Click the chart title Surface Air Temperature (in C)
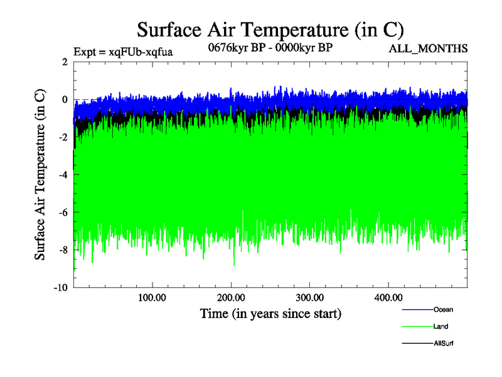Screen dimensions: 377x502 pyautogui.click(x=270, y=30)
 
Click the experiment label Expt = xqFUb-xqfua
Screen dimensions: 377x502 pyautogui.click(x=123, y=51)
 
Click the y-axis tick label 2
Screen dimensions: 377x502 pyautogui.click(x=65, y=62)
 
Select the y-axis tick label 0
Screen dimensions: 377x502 pyautogui.click(x=65, y=99)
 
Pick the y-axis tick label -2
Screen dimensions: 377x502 pyautogui.click(x=63, y=137)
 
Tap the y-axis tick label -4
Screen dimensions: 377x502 pyautogui.click(x=63, y=175)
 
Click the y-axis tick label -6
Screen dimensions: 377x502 pyautogui.click(x=63, y=212)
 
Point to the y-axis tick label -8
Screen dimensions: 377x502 pyautogui.click(x=63, y=250)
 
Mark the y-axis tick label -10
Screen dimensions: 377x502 pyautogui.click(x=60, y=288)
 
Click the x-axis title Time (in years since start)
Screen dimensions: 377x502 pyautogui.click(x=270, y=313)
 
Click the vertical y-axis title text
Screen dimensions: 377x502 pyautogui.click(x=40, y=175)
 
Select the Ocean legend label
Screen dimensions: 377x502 pyautogui.click(x=443, y=309)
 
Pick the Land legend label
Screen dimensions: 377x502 pyautogui.click(x=441, y=327)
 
